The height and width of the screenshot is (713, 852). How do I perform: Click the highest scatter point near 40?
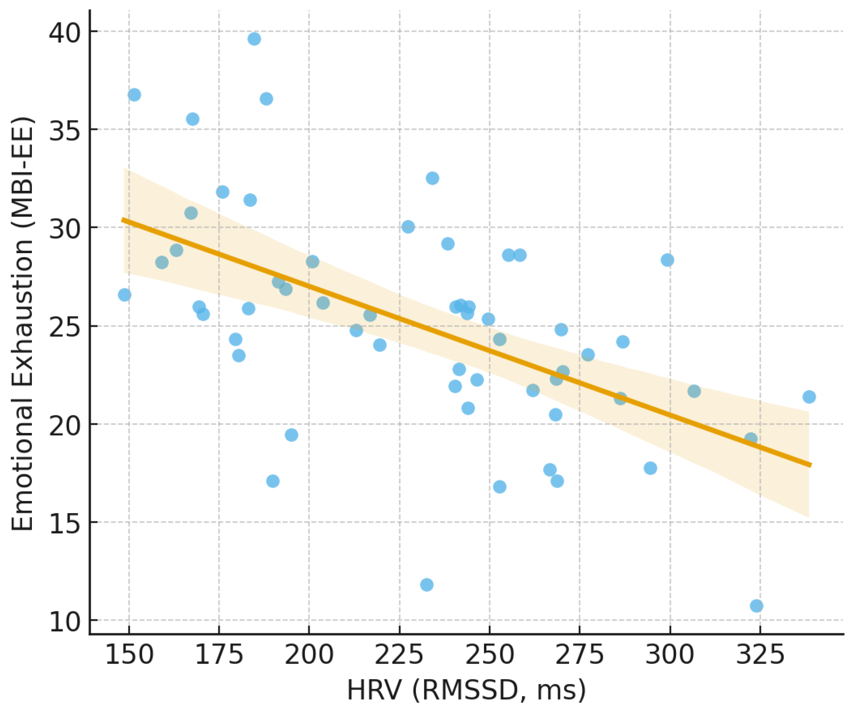254,39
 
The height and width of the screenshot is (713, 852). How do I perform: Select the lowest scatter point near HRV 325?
756,606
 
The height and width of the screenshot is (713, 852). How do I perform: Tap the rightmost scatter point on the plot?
809,397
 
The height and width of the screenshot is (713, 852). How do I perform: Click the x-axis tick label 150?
129,654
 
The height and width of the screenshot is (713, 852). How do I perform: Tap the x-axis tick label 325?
760,654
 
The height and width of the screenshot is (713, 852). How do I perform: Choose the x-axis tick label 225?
399,654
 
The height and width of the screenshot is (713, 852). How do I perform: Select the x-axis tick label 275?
579,654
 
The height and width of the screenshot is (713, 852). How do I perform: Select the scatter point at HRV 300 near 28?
667,260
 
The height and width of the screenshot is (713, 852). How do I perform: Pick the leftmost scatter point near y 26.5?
125,295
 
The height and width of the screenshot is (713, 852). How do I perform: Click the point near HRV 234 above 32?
433,178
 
